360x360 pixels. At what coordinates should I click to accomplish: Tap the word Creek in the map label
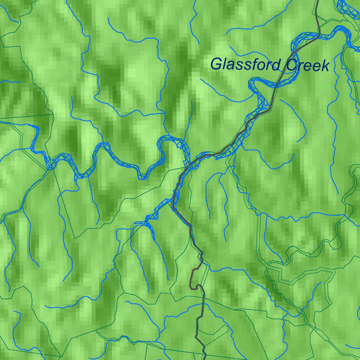(x=307, y=65)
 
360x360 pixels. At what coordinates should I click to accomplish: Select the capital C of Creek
(x=291, y=65)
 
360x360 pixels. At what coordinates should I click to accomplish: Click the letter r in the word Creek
(x=300, y=66)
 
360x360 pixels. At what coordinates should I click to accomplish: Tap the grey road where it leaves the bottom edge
(x=205, y=359)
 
